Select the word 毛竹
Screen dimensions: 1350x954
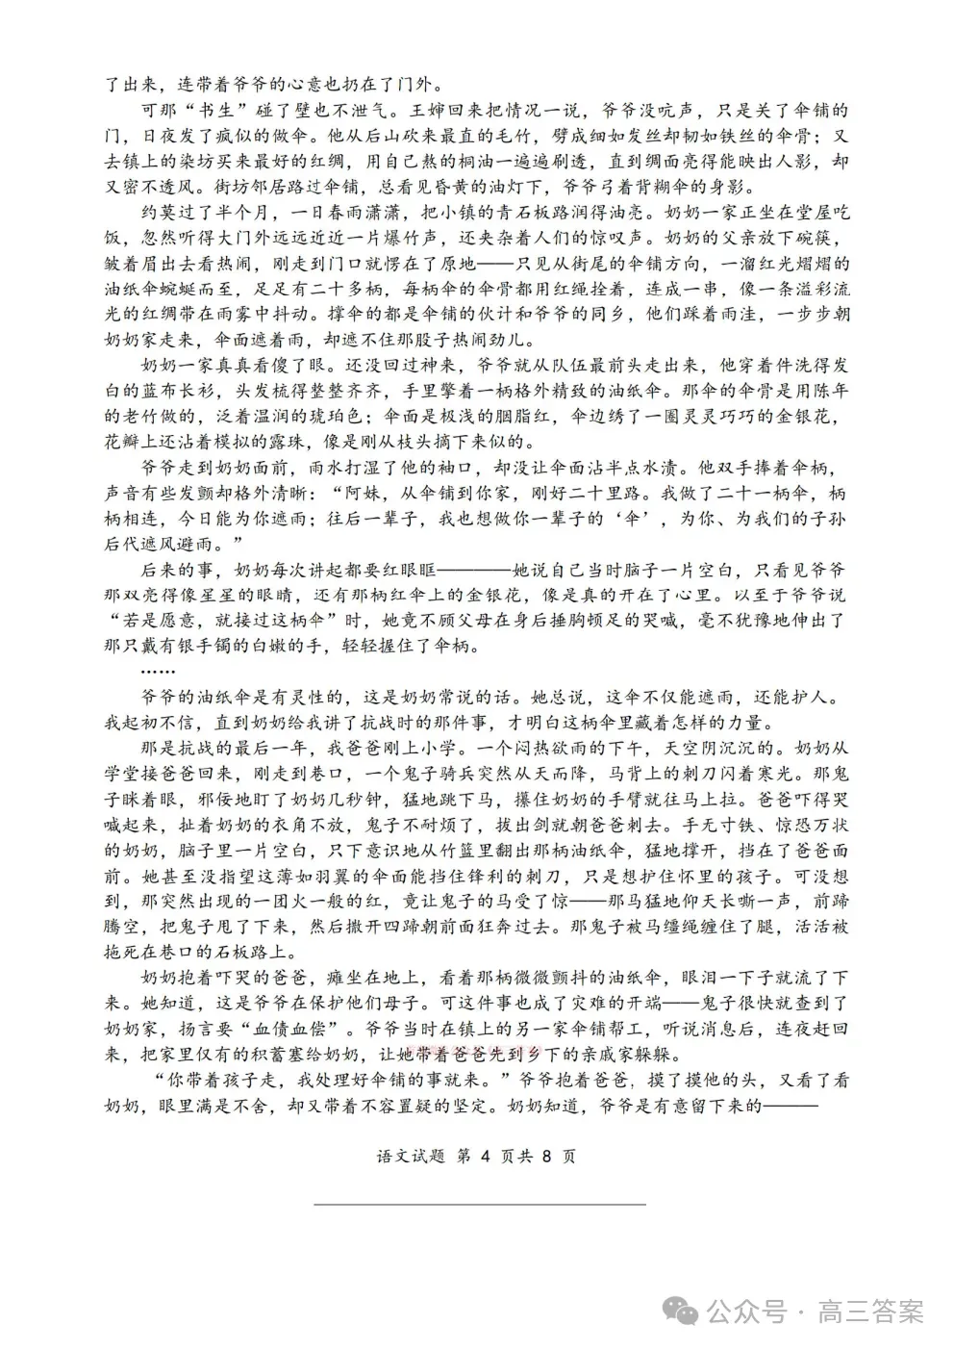[x=485, y=135]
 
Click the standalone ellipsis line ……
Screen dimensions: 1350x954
[x=157, y=671]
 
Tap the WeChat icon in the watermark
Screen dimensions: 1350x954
[x=690, y=1310]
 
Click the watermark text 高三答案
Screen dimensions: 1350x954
[x=870, y=1312]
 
